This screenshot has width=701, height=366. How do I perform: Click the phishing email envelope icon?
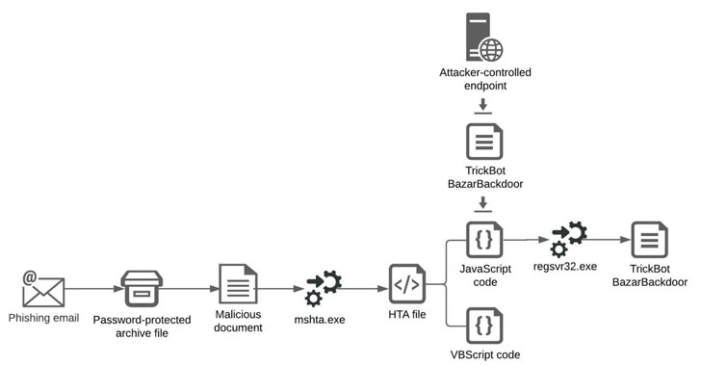coord(43,290)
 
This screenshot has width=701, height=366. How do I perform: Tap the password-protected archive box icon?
coord(142,289)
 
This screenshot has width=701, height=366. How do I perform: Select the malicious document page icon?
coord(238,284)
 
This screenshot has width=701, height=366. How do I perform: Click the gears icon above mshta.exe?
coord(324,288)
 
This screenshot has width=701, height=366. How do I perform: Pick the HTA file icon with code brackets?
coord(406,284)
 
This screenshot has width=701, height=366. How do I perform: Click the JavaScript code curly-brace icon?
coord(484,240)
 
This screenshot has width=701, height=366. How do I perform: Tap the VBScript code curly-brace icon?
coord(484,326)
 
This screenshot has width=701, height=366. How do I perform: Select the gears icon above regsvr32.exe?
coord(568,240)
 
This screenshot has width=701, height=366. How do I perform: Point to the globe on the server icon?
coord(491,50)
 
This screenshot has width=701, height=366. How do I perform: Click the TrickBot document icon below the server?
coord(484,142)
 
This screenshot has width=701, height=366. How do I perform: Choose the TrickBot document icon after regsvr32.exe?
coord(650,240)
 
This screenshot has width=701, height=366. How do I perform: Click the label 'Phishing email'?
coord(44,318)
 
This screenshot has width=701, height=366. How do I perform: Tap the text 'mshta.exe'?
coord(320,320)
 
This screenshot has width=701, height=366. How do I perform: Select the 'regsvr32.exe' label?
coord(565,267)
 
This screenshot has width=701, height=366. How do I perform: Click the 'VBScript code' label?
coord(485,354)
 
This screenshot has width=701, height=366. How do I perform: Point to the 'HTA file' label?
coord(406,315)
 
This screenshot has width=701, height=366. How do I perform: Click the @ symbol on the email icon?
coord(30,277)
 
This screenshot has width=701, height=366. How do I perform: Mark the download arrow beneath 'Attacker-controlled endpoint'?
coord(482,107)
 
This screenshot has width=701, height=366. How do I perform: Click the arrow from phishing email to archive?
coord(93,289)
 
